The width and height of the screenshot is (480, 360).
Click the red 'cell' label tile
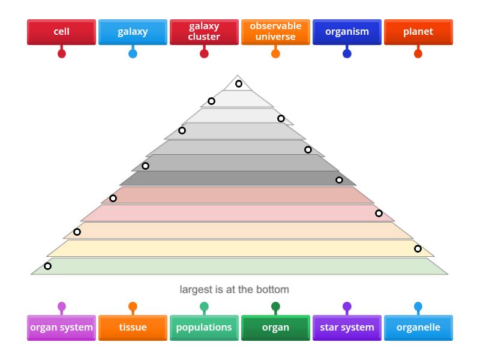[61, 32]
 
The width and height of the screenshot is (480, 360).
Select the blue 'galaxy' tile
[133, 32]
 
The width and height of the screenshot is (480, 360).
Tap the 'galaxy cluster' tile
[204, 32]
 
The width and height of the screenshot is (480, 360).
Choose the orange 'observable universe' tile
[275, 32]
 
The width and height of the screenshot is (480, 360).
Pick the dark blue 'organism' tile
[347, 32]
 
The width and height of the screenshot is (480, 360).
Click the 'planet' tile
[418, 32]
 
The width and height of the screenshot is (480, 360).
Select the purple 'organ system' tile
[61, 328]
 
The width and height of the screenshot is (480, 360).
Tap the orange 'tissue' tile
[133, 328]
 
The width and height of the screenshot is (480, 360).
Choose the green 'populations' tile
[204, 328]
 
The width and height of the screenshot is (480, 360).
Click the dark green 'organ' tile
[275, 328]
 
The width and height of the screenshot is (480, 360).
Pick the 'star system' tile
[347, 328]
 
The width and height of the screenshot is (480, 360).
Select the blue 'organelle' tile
[418, 328]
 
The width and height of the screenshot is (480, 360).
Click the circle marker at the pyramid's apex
[239, 83]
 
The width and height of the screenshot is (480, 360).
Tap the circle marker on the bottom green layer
[47, 266]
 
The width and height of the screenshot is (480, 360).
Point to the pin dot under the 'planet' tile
[418, 53]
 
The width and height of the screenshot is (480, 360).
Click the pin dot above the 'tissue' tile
[133, 307]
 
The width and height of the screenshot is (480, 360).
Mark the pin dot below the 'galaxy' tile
[133, 53]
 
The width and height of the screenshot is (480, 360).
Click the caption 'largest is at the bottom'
[234, 289]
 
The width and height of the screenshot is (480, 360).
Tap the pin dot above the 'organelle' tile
[418, 307]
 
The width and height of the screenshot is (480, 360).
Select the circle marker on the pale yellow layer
[418, 248]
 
